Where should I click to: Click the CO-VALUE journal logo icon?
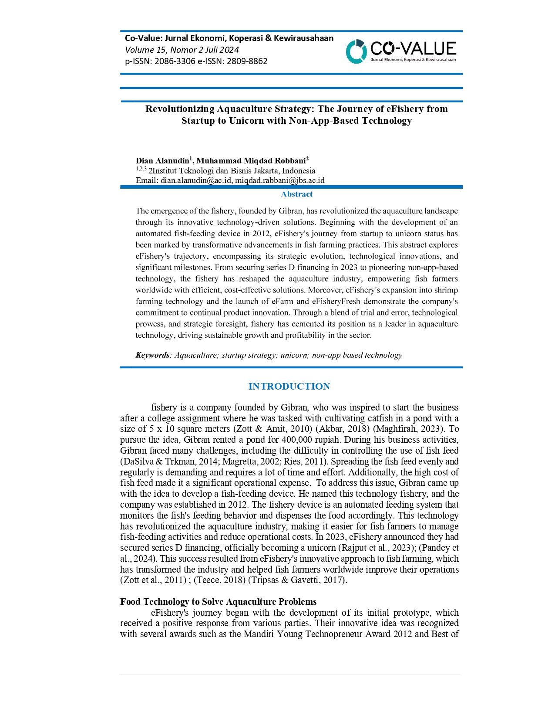point(356,51)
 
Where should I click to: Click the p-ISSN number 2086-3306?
point(175,61)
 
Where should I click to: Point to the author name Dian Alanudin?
point(162,161)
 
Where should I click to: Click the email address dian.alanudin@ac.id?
point(196,180)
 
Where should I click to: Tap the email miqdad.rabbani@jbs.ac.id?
point(280,180)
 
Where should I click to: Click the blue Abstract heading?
point(296,194)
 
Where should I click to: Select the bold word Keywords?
point(152,355)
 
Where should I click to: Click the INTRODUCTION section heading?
point(289,387)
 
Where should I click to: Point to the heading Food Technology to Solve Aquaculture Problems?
point(218,602)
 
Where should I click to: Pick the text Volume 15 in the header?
point(145,50)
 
